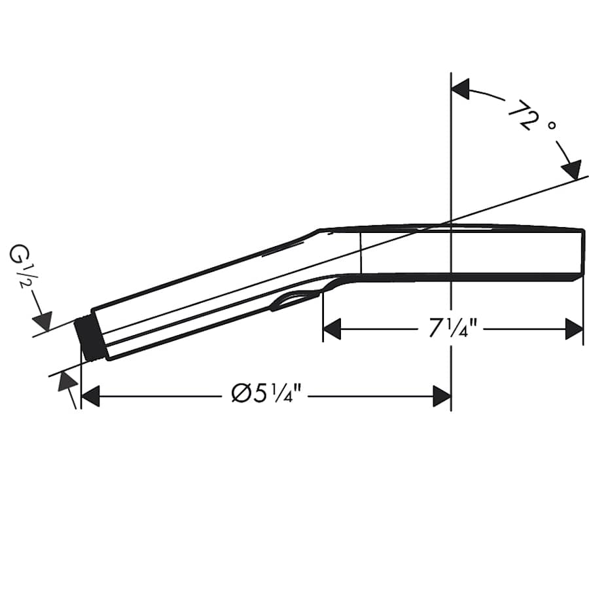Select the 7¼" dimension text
[450, 329]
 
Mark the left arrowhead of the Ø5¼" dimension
[90, 396]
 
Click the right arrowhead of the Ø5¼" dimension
[442, 396]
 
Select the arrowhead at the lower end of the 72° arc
[572, 170]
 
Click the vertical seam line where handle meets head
[361, 252]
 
